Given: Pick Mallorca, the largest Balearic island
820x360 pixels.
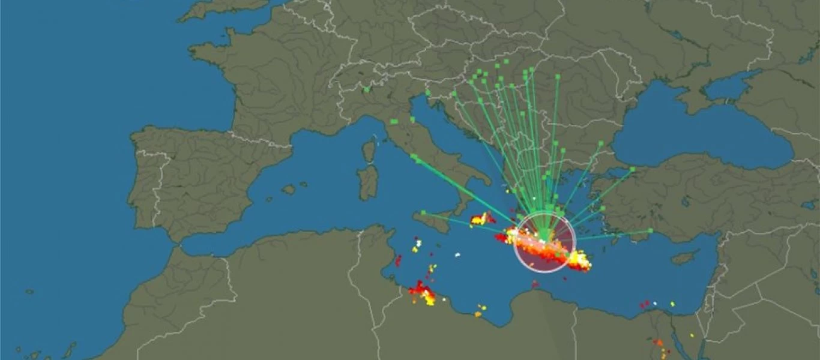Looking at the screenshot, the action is (289, 190).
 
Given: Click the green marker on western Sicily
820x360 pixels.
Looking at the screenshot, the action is (423, 212).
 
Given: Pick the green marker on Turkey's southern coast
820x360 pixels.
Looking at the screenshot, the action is (651, 230).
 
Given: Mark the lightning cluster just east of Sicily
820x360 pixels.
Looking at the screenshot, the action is (481, 219).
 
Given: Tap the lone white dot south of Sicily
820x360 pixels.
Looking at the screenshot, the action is (457, 254).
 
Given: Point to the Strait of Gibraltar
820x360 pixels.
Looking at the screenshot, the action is (175, 242).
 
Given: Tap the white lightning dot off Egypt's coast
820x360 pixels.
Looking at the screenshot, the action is (655, 304).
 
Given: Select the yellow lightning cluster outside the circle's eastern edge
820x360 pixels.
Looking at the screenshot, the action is (580, 260).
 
